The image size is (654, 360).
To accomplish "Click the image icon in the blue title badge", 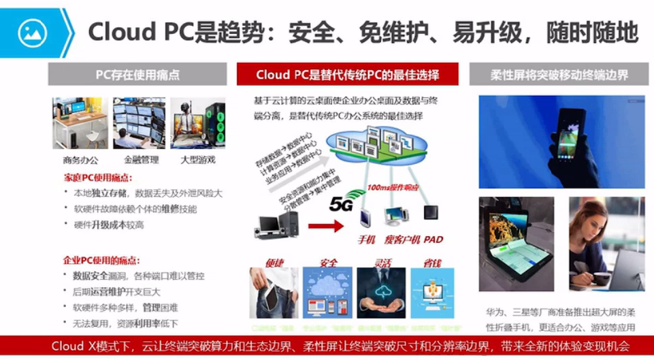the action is pos(31,32).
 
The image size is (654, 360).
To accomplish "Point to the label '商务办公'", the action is pos(80,161).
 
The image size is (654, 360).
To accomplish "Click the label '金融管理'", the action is pos(142,161).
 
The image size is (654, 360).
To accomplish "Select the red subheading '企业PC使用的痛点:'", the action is pos(101,261).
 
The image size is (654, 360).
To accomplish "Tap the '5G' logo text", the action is pos(340,203).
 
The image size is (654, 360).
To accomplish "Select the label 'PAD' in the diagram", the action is pos(434,240).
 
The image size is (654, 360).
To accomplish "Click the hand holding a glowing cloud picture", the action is pos(380,293).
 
